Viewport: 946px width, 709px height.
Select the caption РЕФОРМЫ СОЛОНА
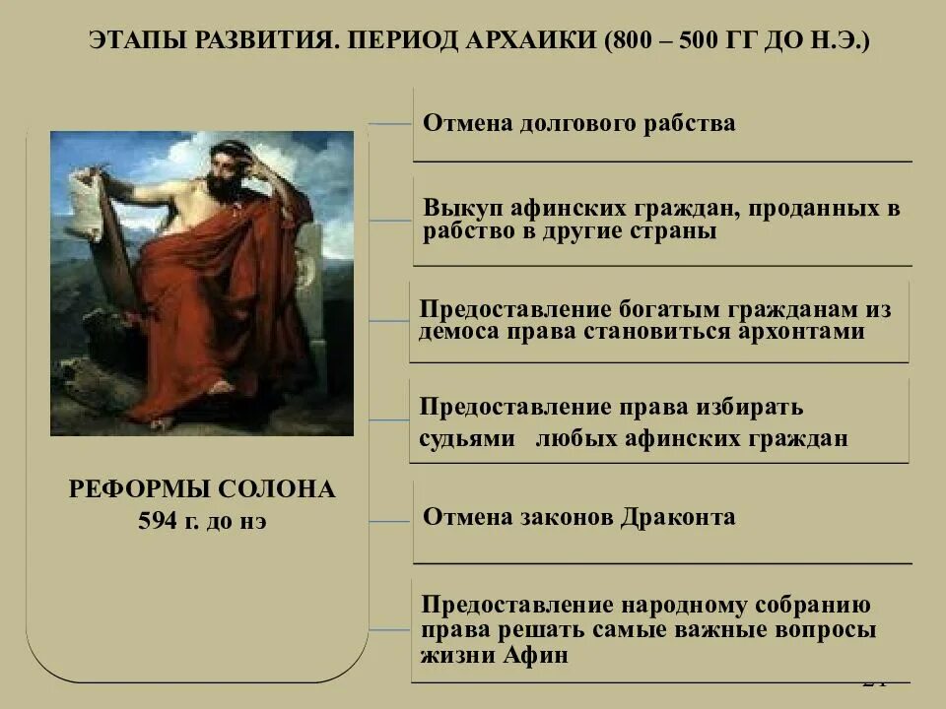(202, 489)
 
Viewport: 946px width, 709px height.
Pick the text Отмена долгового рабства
(578, 123)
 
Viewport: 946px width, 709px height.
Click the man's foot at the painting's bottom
(162, 422)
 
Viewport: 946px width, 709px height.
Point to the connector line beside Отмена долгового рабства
(390, 125)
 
